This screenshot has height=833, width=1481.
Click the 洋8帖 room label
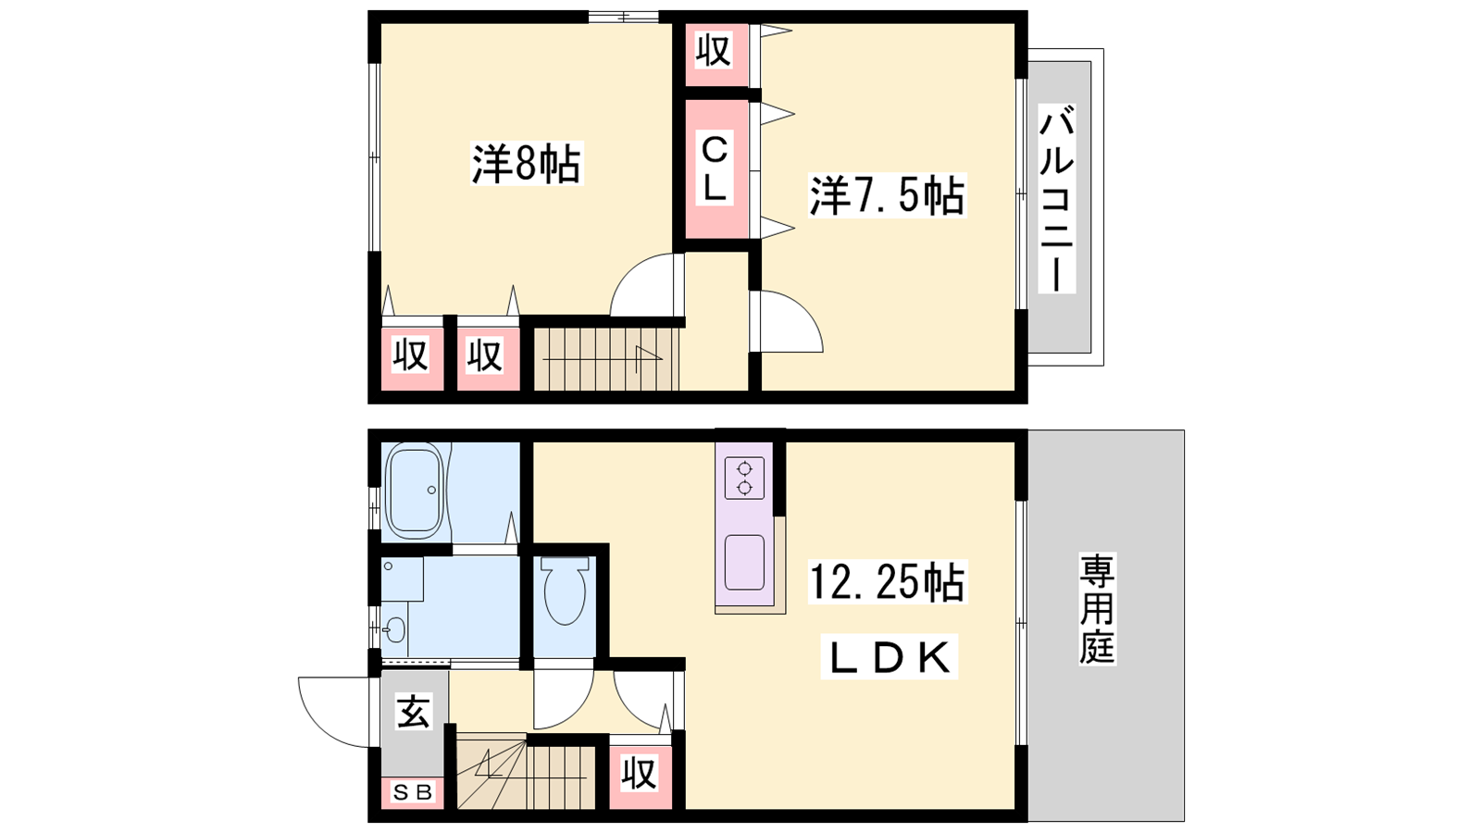[527, 163]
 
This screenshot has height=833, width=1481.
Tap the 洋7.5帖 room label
[888, 195]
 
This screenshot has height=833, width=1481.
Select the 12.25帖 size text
[888, 582]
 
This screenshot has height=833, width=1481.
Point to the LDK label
[890, 657]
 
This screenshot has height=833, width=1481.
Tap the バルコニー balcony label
[1056, 198]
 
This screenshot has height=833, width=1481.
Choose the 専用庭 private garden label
[1098, 609]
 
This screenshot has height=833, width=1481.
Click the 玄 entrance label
[414, 712]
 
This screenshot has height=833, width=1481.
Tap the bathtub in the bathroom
[416, 490]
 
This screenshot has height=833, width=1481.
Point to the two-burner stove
[744, 478]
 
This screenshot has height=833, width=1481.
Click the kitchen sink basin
[744, 562]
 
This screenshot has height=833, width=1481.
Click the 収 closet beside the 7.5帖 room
[714, 51]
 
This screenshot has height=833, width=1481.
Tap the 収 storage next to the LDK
[640, 774]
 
